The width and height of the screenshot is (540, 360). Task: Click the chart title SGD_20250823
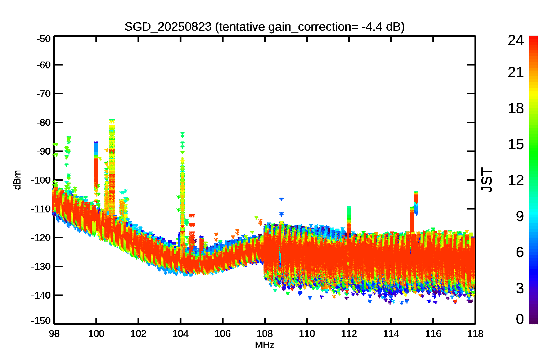click(x=168, y=27)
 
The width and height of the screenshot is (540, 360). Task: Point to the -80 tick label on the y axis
click(x=44, y=122)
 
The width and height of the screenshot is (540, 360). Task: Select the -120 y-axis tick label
click(x=41, y=238)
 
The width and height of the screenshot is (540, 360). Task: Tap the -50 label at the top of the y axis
click(x=44, y=39)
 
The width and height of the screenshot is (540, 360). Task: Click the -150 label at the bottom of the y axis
click(x=41, y=321)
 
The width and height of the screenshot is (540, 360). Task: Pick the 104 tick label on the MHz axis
click(x=181, y=334)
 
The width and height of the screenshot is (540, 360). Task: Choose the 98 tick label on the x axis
click(x=54, y=334)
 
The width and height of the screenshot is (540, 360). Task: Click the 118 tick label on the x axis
click(x=476, y=334)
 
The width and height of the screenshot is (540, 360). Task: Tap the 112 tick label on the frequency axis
click(x=349, y=334)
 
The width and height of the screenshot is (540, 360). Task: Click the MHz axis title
click(x=265, y=345)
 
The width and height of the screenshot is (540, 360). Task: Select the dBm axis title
click(x=17, y=180)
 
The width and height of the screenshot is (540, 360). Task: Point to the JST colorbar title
click(x=486, y=180)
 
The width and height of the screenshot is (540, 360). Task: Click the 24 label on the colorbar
click(x=516, y=40)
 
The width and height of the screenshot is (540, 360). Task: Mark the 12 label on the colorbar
click(x=516, y=180)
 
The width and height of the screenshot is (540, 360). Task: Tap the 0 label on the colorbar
click(x=520, y=319)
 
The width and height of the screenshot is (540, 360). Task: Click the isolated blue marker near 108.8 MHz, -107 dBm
click(x=281, y=199)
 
